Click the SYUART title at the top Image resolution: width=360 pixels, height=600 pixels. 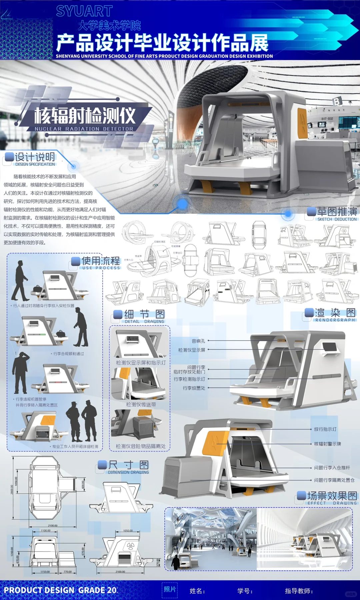pyautogui.click(x=84, y=11)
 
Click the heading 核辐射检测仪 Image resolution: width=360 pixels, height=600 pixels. pyautogui.click(x=85, y=116)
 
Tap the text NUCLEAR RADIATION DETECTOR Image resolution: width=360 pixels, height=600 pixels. pyautogui.click(x=84, y=129)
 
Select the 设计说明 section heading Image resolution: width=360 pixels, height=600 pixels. pyautogui.click(x=35, y=157)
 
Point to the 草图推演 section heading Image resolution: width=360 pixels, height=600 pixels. pyautogui.click(x=337, y=212)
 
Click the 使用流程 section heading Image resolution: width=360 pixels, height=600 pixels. pyautogui.click(x=101, y=261)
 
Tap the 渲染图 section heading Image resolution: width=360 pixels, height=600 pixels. pyautogui.click(x=335, y=313)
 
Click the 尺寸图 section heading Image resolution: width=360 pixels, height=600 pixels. pyautogui.click(x=128, y=465)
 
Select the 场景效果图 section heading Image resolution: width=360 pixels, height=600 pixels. pyautogui.click(x=332, y=496)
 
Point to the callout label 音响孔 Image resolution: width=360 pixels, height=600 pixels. pyautogui.click(x=198, y=341)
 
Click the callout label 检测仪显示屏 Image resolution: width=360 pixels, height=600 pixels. pyautogui.click(x=192, y=350)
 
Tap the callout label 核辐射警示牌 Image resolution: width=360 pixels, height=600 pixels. pyautogui.click(x=327, y=444)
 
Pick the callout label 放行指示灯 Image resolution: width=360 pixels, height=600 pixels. pyautogui.click(x=325, y=429)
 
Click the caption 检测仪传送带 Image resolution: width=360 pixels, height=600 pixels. pyautogui.click(x=141, y=405)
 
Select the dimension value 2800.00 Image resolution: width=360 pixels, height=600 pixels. pyautogui.click(x=12, y=490)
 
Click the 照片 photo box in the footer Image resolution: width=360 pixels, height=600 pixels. pyautogui.click(x=170, y=590)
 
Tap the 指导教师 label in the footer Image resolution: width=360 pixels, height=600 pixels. pyautogui.click(x=299, y=591)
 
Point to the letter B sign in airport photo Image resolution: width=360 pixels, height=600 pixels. pyautogui.click(x=337, y=102)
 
